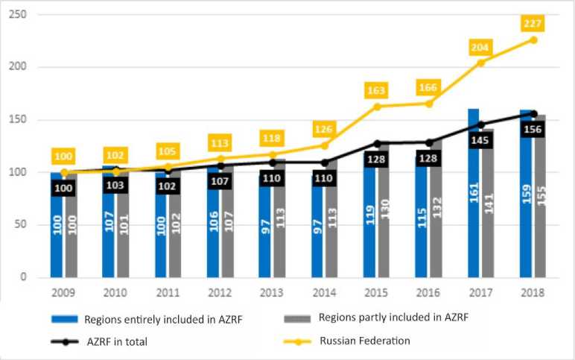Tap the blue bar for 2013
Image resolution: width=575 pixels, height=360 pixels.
(x=265, y=224)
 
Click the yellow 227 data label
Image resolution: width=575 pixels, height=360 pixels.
(x=533, y=23)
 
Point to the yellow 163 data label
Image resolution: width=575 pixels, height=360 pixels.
(x=376, y=90)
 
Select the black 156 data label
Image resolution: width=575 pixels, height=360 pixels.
(x=533, y=127)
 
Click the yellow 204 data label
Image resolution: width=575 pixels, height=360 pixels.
(x=480, y=46)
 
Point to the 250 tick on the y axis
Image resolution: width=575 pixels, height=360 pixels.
(x=20, y=15)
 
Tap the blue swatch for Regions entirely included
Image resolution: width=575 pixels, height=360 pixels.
(x=73, y=318)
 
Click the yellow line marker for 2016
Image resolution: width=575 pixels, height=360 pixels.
(x=428, y=104)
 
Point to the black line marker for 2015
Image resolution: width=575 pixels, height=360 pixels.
(x=376, y=143)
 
